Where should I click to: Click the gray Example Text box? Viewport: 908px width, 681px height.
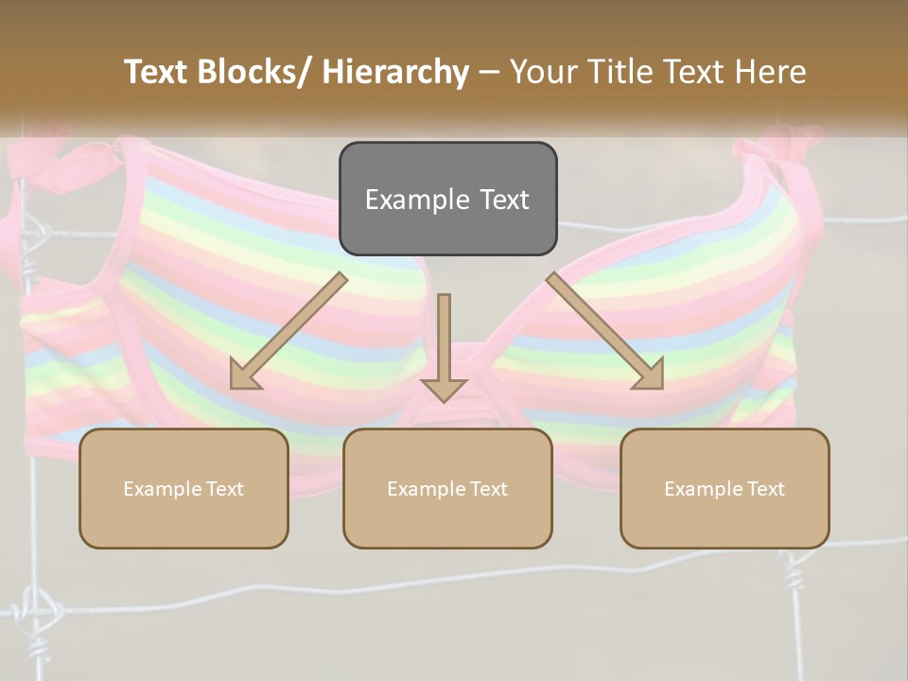tap(447, 199)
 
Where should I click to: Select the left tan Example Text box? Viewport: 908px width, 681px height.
tap(183, 488)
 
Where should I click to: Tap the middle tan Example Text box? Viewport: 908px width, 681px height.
tap(447, 488)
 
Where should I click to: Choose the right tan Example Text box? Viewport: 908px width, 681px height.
tap(725, 488)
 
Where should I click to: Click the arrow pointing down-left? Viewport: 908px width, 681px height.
tap(288, 331)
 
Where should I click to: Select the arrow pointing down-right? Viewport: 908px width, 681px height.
tap(605, 331)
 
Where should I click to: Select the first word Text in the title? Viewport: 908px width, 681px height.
tap(160, 72)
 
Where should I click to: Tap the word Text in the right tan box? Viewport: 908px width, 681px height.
tap(763, 489)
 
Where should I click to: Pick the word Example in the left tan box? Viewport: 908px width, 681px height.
tap(161, 489)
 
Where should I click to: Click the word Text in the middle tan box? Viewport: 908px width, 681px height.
tap(486, 489)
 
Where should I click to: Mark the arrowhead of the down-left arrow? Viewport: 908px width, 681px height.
tap(244, 375)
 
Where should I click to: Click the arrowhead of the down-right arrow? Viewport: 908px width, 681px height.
tap(650, 375)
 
